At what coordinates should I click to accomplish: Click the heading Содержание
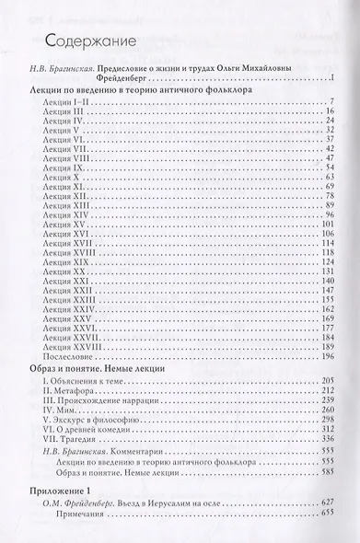[88, 40]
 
